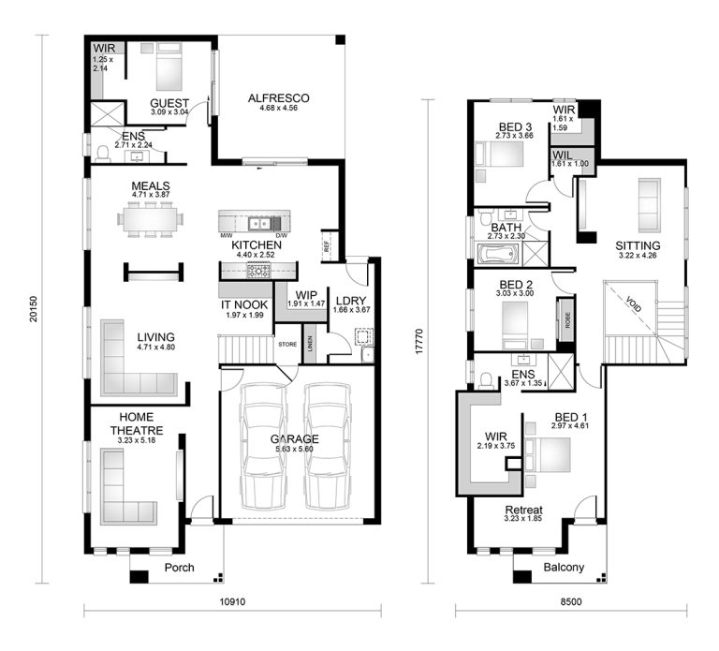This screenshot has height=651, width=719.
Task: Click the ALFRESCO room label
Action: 278,97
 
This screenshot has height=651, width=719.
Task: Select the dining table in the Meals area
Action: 150,219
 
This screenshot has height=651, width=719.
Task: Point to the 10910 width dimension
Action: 232,601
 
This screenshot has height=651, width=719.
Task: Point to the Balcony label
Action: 564,568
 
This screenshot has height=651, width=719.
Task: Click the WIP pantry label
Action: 305,294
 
